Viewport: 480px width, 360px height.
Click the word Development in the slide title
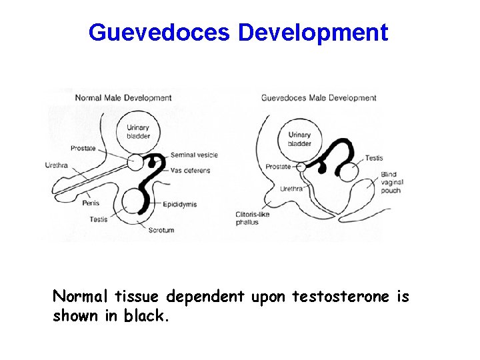tap(312, 32)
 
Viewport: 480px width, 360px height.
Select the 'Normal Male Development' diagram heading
tap(123, 98)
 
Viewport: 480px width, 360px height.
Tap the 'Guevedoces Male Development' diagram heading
tap(319, 98)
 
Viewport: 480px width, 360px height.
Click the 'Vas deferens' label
tap(190, 171)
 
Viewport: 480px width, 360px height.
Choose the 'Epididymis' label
tap(179, 205)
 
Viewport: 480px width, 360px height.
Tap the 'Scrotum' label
tap(161, 230)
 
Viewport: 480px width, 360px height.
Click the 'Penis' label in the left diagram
tap(91, 202)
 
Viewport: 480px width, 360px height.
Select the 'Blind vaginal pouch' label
tap(391, 182)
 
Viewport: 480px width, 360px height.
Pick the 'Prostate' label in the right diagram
tap(278, 167)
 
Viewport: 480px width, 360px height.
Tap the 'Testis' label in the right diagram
tap(374, 158)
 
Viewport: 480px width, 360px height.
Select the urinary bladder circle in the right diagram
tap(299, 139)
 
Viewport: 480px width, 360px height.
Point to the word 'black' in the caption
tap(147, 316)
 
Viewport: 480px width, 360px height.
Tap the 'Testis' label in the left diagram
tap(98, 219)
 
